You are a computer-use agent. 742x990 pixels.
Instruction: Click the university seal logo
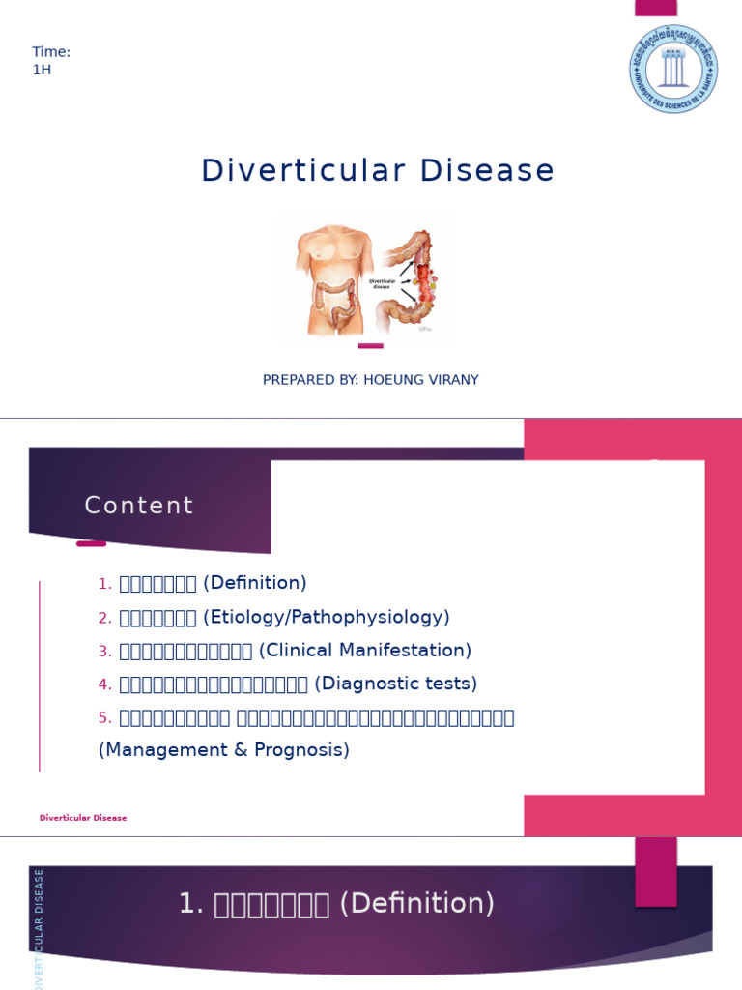click(673, 69)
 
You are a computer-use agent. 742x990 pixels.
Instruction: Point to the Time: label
click(51, 52)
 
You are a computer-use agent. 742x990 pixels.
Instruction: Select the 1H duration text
click(42, 70)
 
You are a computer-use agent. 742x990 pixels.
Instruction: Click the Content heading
click(139, 506)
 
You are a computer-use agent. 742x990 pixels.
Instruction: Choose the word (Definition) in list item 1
click(255, 583)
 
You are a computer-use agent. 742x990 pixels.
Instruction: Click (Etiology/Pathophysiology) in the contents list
click(327, 617)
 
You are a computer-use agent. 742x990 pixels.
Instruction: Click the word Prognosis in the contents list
click(300, 749)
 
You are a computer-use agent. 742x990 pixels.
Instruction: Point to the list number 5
click(104, 717)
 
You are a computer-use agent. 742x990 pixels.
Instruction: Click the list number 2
click(104, 618)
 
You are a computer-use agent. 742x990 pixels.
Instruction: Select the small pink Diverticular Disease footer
click(83, 818)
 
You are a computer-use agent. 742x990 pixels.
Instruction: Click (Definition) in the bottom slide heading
click(418, 904)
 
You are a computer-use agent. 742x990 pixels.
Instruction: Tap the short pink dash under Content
click(91, 543)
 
